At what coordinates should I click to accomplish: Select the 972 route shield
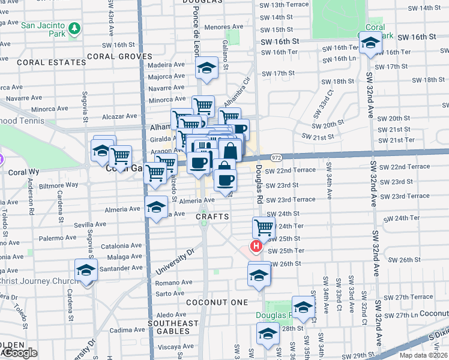point(276,157)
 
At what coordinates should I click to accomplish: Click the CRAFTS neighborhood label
point(213,216)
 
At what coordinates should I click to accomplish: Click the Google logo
point(19,353)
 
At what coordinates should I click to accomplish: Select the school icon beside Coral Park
point(370,43)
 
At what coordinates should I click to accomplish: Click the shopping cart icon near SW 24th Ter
point(264,227)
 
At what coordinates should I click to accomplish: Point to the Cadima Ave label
point(127,329)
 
